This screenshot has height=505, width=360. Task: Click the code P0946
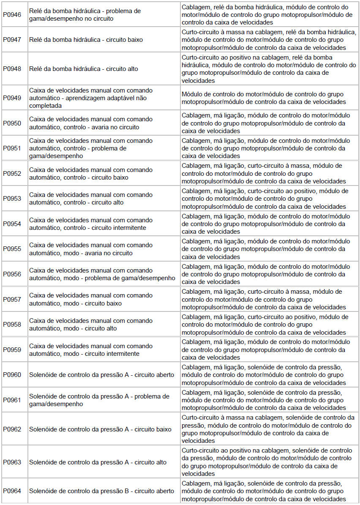[x=12, y=14]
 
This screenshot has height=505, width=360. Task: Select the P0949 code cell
[x=12, y=98]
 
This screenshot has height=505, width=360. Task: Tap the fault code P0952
[x=12, y=174]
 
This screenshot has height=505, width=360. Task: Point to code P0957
[x=12, y=299]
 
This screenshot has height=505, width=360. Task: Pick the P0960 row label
[x=12, y=375]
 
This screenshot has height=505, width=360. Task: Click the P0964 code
[x=12, y=491]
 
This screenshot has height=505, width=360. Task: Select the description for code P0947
[x=86, y=40]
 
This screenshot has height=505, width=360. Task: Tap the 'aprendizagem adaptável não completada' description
[x=91, y=98]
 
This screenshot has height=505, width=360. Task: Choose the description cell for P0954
[x=91, y=224]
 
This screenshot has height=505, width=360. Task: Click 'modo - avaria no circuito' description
[x=91, y=249]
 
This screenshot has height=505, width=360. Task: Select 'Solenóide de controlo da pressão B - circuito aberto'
[x=101, y=491]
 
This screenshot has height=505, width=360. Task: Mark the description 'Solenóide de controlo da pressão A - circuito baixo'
[x=100, y=429]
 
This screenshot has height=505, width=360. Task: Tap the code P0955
[x=12, y=249]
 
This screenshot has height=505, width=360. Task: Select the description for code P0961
[x=99, y=400]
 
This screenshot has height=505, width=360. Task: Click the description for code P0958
[x=91, y=325]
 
